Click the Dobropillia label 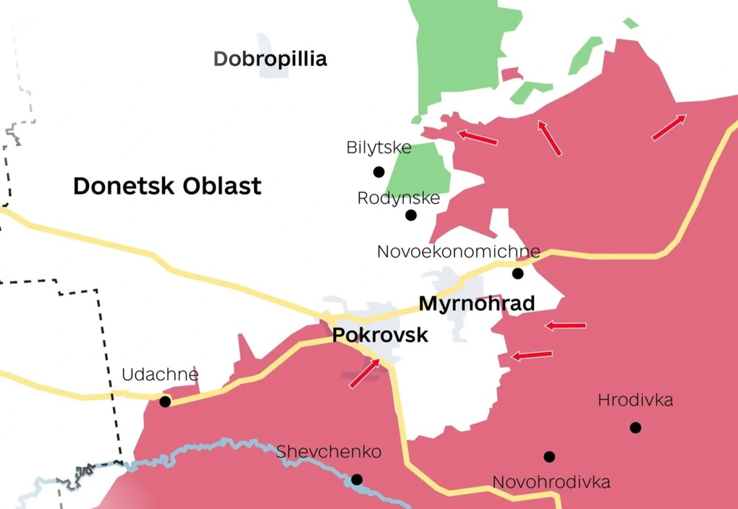tap(270, 59)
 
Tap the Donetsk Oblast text tap(167, 186)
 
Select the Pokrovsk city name tap(380, 335)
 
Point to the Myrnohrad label tap(476, 303)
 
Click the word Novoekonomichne tap(458, 252)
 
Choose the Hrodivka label tap(635, 400)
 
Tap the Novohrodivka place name tap(551, 482)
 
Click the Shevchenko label tap(328, 452)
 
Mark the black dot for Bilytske tap(378, 171)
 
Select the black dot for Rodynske tap(411, 215)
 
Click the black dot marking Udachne tap(165, 401)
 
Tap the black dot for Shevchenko tap(357, 479)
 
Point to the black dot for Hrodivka tap(635, 427)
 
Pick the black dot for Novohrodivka tap(549, 456)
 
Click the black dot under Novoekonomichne tap(517, 273)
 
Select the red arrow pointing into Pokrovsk tap(365, 373)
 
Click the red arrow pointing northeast tap(669, 127)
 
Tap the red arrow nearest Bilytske tap(478, 137)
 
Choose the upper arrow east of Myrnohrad tap(565, 325)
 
